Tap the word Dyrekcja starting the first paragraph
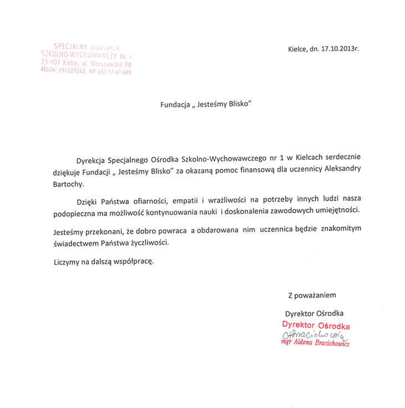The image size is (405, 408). pyautogui.click(x=91, y=158)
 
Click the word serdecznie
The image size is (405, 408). pyautogui.click(x=337, y=158)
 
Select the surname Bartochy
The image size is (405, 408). pyautogui.click(x=65, y=183)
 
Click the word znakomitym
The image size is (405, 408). pyautogui.click(x=336, y=230)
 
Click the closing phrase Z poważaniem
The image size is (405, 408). pyautogui.click(x=311, y=295)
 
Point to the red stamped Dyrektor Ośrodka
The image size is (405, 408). pyautogui.click(x=316, y=325)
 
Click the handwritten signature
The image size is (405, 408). pyautogui.click(x=314, y=335)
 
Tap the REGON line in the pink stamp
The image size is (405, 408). pyautogui.click(x=87, y=72)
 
